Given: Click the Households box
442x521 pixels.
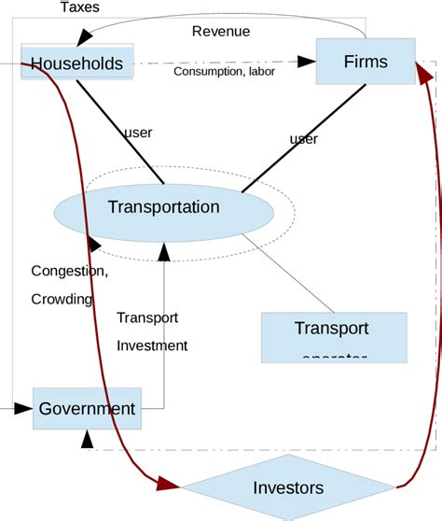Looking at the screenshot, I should coord(76,63).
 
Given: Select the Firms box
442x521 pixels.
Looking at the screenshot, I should coord(364,62).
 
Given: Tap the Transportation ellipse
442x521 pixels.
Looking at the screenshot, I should coord(163,207).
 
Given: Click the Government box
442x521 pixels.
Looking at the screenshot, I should coord(87,409).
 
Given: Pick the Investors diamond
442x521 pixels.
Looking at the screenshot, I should coord(288,487).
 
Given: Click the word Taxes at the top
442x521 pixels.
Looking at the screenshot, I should coord(79,7).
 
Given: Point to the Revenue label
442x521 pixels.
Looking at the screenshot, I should coord(221,31).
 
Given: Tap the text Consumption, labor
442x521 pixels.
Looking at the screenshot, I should coord(224,72).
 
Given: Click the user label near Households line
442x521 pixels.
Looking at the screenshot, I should coord(138,133).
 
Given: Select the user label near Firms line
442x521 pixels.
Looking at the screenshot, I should coord(303,139).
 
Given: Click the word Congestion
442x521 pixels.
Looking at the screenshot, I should coord(70,272).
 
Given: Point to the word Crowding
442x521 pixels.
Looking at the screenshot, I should coord(62,300).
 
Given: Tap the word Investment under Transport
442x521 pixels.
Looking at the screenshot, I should coord(152,345).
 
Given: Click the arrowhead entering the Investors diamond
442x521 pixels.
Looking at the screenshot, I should coord(169,483).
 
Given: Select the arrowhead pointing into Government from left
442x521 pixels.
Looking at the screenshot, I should coord(24,408).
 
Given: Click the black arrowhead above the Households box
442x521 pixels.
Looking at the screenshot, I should coord(86,35).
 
